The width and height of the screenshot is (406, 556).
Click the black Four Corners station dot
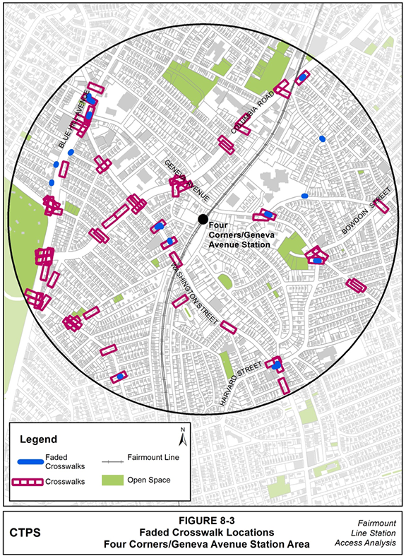pyautogui.click(x=203, y=219)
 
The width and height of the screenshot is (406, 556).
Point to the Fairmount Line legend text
pyautogui.click(x=154, y=457)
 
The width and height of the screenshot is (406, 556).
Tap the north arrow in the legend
pyautogui.click(x=182, y=439)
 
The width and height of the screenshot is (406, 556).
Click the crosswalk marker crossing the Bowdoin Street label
pyautogui.click(x=381, y=206)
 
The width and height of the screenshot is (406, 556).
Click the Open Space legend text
pyautogui.click(x=149, y=481)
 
